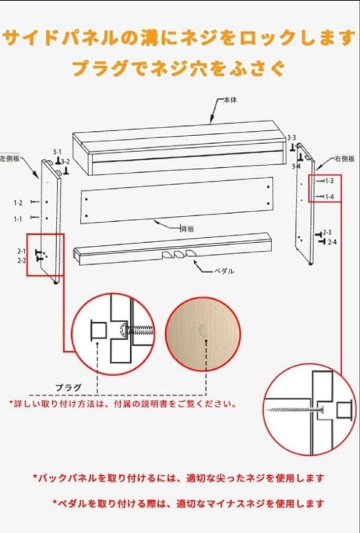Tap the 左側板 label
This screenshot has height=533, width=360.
(x=9, y=159)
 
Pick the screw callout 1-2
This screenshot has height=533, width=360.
(x=18, y=203)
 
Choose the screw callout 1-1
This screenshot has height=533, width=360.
(x=18, y=218)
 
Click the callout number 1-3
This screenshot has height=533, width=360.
(x=329, y=181)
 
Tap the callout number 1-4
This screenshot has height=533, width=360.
(x=329, y=197)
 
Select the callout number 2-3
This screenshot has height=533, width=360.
(x=327, y=232)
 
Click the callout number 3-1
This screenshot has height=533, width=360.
(x=57, y=152)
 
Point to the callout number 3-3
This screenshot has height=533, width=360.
(x=291, y=138)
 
